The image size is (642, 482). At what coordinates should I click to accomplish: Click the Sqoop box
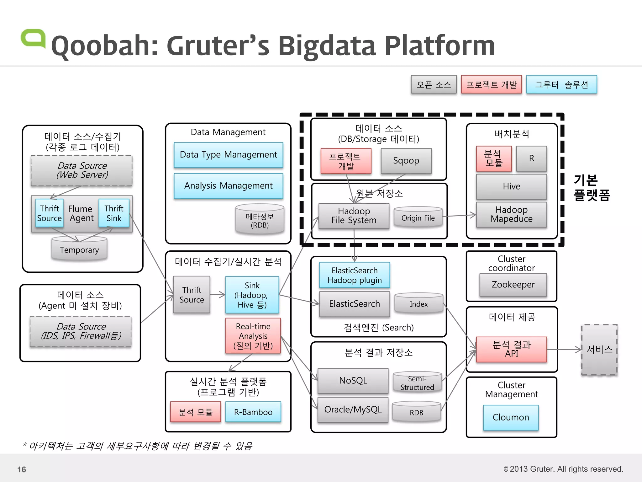tap(406, 161)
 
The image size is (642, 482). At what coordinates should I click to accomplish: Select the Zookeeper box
tap(513, 285)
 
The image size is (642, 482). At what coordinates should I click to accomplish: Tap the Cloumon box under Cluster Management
tap(511, 417)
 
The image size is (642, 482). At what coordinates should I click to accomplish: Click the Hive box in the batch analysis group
tap(511, 186)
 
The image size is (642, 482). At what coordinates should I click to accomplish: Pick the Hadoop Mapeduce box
tap(511, 214)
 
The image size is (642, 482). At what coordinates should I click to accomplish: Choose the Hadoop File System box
tap(354, 216)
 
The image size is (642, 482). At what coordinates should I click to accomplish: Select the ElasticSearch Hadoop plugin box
tap(355, 275)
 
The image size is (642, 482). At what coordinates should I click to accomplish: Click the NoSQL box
tap(353, 381)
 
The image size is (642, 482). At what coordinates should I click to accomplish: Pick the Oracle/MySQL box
tap(353, 410)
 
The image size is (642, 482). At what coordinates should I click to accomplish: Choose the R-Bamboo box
tap(253, 412)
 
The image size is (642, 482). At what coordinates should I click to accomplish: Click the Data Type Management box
tap(228, 155)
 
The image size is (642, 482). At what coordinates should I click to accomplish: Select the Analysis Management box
tap(228, 186)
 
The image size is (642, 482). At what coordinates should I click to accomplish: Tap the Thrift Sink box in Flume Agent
tap(114, 213)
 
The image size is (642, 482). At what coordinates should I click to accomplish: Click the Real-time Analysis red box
tap(253, 336)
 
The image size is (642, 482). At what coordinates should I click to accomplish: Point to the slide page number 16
tap(22, 469)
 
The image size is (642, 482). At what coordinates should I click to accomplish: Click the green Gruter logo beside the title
tap(33, 39)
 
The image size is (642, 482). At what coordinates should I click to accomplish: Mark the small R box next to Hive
tap(531, 158)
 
